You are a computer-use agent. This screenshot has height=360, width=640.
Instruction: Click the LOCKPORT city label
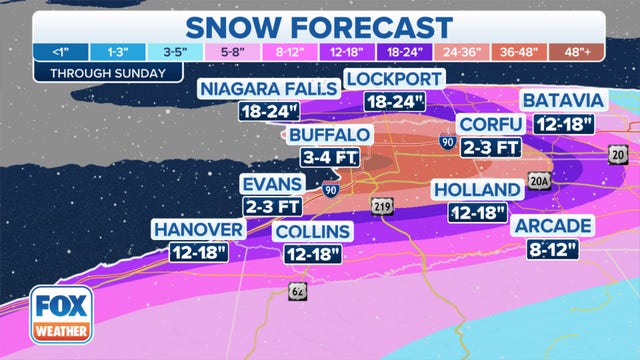(392, 79)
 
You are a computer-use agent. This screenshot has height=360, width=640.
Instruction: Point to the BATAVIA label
(563, 101)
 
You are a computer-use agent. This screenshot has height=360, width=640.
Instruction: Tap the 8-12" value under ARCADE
(553, 248)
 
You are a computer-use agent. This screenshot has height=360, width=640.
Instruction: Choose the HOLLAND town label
(477, 190)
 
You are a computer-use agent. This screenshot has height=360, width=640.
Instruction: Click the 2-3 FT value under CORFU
(490, 146)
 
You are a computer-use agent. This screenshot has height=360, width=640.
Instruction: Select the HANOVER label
(199, 230)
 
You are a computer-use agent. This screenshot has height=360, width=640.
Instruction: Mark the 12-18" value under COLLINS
(313, 255)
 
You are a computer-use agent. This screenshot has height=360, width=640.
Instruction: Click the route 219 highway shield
(382, 206)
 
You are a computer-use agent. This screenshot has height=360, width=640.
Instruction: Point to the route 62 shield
(298, 291)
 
